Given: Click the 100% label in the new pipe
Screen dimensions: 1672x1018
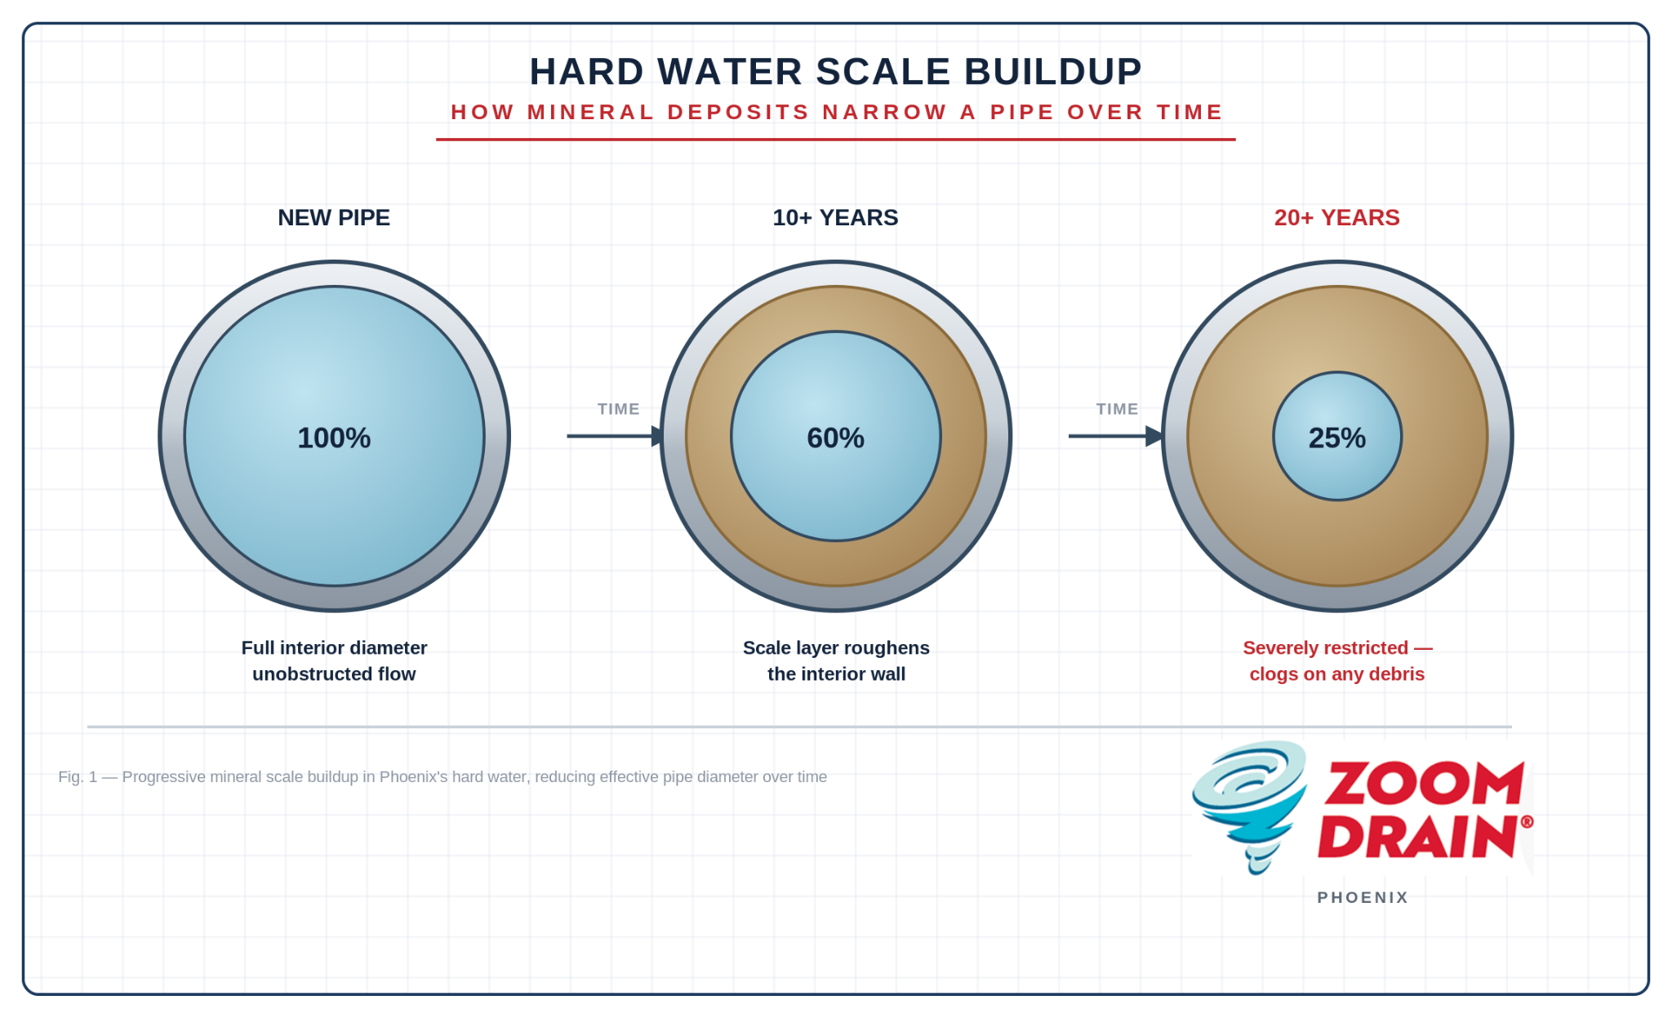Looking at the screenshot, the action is (x=334, y=438).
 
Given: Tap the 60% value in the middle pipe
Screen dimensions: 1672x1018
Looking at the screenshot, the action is (x=835, y=438).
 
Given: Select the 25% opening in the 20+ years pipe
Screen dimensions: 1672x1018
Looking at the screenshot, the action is (x=1337, y=436).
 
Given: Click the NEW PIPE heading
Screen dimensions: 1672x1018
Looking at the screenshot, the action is (x=334, y=218).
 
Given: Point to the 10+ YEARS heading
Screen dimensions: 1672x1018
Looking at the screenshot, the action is (x=835, y=218).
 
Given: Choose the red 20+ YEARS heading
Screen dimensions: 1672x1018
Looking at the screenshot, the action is (x=1337, y=218).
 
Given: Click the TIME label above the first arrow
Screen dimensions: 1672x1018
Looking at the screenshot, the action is (x=618, y=409).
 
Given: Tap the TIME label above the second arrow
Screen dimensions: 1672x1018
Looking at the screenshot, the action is (x=1117, y=409).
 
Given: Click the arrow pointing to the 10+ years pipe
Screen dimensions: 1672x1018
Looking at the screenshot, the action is (x=616, y=436).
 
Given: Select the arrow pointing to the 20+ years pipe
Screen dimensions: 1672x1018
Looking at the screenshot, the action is (x=1117, y=436).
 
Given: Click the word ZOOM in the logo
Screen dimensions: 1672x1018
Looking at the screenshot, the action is (x=1424, y=784).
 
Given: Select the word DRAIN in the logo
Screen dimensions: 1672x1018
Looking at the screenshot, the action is (x=1418, y=836).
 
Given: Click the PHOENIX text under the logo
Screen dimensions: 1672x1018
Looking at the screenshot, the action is (x=1363, y=897).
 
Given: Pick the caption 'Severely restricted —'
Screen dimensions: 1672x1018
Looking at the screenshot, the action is (x=1337, y=648).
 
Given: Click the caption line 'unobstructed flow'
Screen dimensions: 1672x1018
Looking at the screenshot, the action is (x=334, y=674).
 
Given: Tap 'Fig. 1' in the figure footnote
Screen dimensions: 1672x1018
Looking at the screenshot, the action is (x=78, y=777).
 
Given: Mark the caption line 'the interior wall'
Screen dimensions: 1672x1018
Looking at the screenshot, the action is (x=836, y=674).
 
